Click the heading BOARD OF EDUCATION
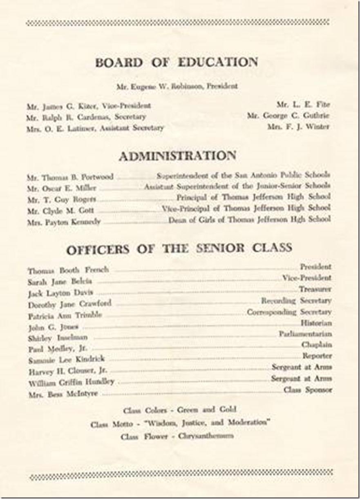point(177,62)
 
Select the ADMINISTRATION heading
point(177,156)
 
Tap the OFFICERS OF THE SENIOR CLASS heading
point(179,249)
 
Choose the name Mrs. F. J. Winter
point(298,127)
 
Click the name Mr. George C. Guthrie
point(288,116)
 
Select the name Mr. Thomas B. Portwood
point(70,178)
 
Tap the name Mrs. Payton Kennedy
point(64,223)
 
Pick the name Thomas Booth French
point(68,270)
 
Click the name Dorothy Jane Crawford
point(69,304)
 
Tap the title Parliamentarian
point(305,334)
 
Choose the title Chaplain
point(317,345)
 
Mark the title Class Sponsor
point(307,390)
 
